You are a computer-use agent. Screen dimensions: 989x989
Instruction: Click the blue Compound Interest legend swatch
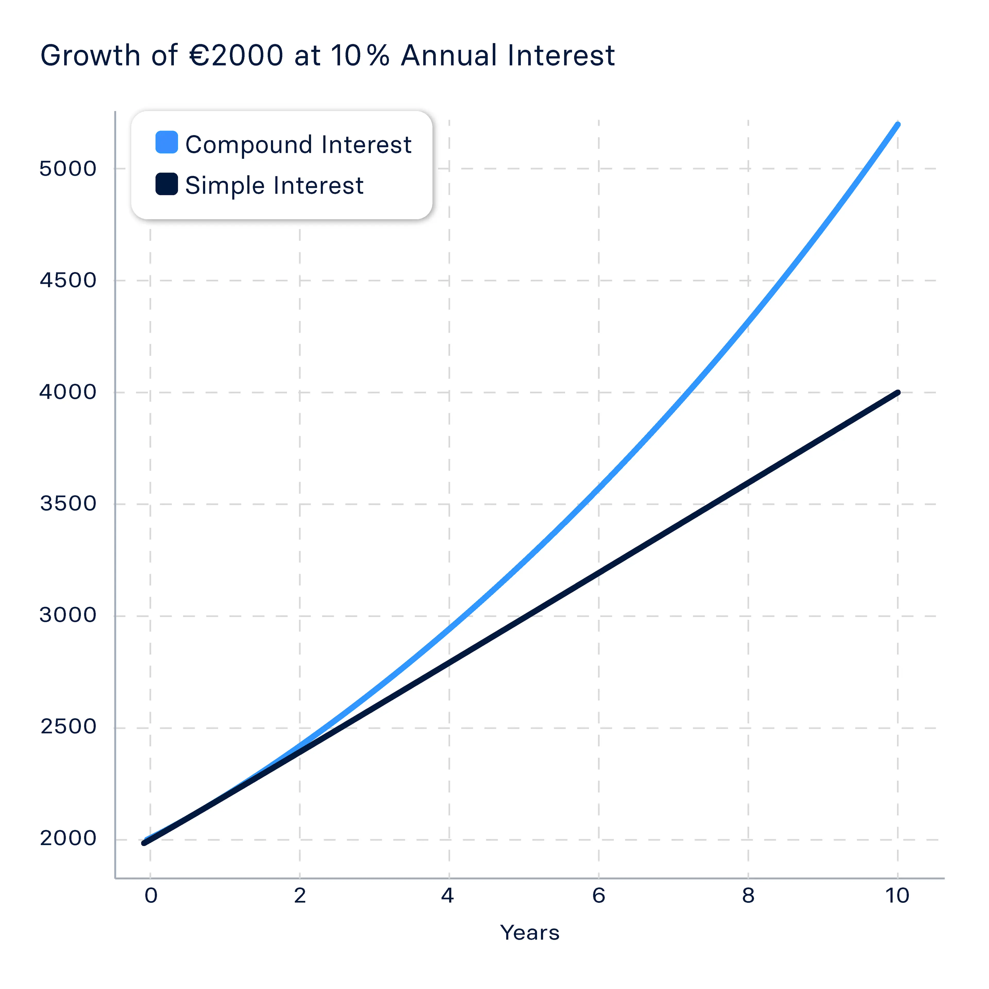click(166, 142)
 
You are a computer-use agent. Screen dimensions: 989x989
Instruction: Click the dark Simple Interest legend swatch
click(166, 184)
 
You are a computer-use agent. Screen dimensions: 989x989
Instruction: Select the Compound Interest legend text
click(298, 144)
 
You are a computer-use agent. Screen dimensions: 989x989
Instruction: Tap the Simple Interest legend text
click(274, 185)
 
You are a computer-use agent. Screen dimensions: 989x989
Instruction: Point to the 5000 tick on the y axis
click(67, 168)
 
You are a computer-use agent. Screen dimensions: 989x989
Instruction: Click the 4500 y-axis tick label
click(67, 280)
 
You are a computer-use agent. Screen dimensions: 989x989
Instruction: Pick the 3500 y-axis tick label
click(67, 504)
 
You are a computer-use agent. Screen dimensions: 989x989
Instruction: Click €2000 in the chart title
click(236, 55)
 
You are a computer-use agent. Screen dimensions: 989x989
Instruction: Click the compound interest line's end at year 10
click(897, 124)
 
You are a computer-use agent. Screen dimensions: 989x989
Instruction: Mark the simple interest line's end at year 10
click(897, 393)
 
